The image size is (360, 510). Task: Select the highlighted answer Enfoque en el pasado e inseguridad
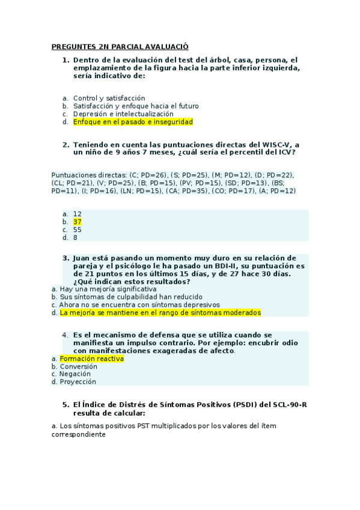coord(133,121)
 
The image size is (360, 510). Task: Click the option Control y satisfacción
coord(109,98)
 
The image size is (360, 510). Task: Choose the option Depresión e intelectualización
coord(123,114)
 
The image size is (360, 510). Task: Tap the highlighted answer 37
coord(78,221)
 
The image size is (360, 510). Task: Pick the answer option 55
coord(78,229)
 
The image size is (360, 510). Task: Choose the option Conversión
coord(78,366)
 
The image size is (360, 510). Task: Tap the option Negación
coord(77,374)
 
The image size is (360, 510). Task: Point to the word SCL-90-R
coord(289,404)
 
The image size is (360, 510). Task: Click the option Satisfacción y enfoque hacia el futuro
coord(136,106)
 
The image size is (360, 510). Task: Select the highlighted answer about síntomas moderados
coord(160,313)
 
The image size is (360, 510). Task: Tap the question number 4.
coord(65,334)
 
